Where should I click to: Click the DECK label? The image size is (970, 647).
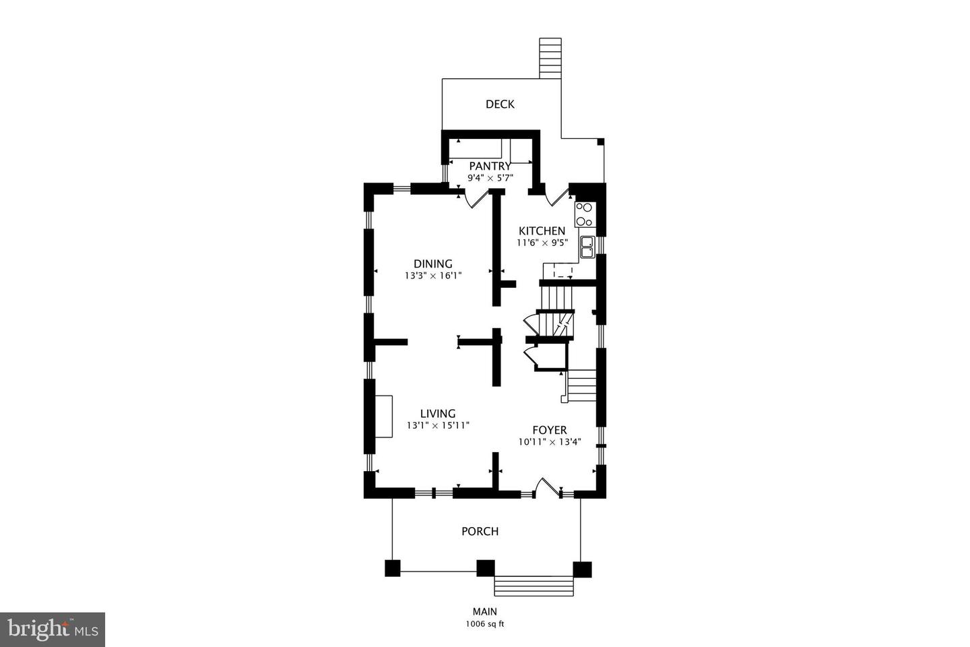point(500,104)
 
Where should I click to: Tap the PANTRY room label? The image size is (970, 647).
point(490,166)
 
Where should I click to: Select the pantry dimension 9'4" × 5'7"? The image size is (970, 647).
point(490,178)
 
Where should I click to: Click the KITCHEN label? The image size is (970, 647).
point(542,231)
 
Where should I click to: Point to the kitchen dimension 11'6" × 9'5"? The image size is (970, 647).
point(542,243)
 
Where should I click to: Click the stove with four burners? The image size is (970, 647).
point(585,214)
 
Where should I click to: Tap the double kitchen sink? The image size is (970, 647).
point(587,247)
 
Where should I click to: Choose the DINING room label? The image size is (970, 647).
point(433,264)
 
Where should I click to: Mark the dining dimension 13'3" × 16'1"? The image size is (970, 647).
point(434,275)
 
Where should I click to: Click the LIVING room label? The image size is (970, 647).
point(438,413)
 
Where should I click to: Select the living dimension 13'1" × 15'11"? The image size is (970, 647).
point(439,425)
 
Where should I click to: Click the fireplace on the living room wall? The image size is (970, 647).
point(384,417)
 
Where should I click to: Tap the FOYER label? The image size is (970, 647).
point(550,430)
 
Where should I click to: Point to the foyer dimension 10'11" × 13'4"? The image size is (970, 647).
point(550,442)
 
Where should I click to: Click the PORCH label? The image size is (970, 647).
point(480,531)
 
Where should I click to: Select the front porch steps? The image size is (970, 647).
point(534,586)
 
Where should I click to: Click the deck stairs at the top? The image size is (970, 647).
point(550,58)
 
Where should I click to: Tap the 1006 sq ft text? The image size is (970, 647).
point(485,625)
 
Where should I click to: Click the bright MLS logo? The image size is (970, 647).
point(53,629)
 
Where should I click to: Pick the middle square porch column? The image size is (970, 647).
point(486,568)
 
